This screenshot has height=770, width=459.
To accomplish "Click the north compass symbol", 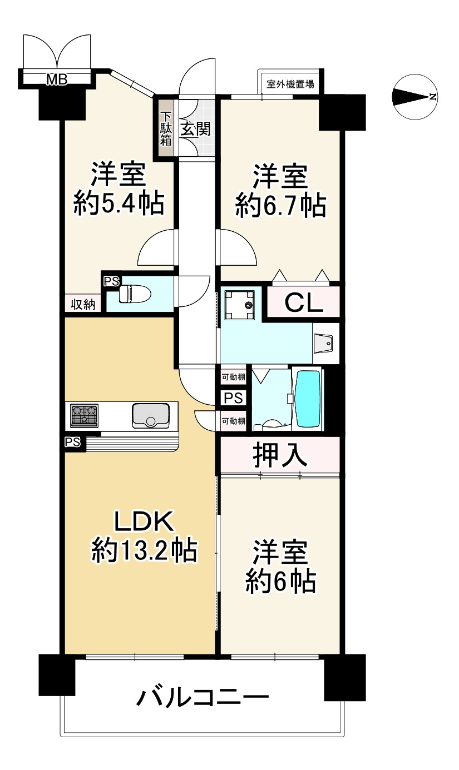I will click(414, 97).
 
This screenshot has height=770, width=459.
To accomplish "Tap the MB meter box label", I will click(56, 80).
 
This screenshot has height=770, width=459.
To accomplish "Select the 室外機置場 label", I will click(290, 85).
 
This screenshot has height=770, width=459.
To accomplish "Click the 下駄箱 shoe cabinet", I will click(166, 129).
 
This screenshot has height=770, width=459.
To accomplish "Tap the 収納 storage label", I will click(82, 304).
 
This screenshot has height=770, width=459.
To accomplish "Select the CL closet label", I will click(303, 303).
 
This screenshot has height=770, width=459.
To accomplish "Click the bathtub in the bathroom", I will click(307, 399).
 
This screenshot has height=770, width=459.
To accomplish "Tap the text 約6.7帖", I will click(280, 205).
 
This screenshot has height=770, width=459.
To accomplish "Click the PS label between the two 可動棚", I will click(233, 399).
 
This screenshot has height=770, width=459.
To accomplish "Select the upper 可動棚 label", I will click(233, 377).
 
